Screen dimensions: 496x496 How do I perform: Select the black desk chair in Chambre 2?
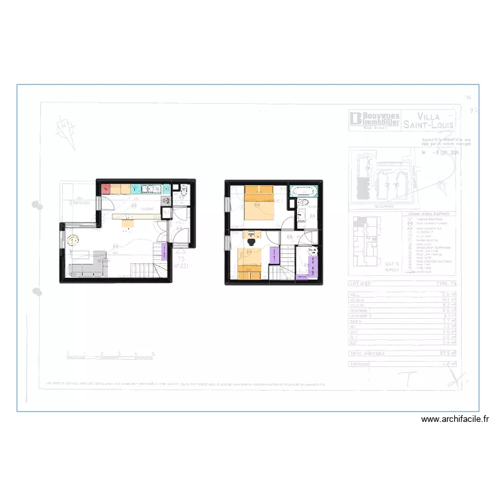[x=251, y=241]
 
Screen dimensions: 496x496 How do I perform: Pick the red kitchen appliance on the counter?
[x=106, y=189]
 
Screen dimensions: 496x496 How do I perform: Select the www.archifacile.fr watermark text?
[x=454, y=419]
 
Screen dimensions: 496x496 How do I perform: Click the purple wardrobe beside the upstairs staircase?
[x=274, y=255]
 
